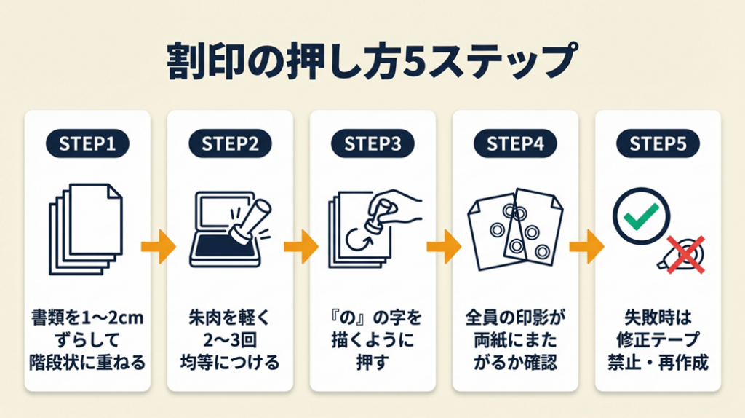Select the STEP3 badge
click(372, 144)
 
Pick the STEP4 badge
click(515, 144)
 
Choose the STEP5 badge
click(658, 144)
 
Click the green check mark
click(641, 214)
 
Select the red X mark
click(686, 253)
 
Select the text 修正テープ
click(658, 340)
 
